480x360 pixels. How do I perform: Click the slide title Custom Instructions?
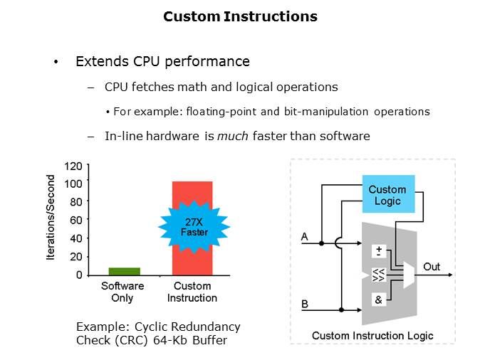tap(240, 16)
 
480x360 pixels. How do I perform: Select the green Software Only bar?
tap(123, 271)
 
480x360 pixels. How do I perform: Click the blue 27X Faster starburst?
tap(193, 227)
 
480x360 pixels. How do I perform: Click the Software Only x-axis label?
tap(122, 292)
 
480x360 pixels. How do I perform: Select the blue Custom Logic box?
tap(387, 194)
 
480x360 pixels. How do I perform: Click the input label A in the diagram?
tap(305, 235)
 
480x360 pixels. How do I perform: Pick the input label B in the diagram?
tap(305, 304)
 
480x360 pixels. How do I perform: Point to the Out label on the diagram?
tap(432, 267)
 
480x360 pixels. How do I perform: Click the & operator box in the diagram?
tap(378, 300)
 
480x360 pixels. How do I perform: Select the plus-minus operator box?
tap(378, 251)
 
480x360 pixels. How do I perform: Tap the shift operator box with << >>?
tap(378, 276)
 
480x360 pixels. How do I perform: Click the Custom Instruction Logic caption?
tap(372, 336)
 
